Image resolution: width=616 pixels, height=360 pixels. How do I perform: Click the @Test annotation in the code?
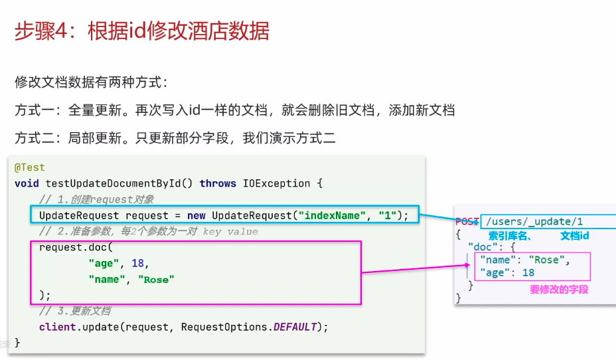click(x=29, y=167)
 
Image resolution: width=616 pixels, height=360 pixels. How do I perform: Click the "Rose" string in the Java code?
click(x=156, y=279)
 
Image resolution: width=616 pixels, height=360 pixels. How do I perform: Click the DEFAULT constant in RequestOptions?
click(x=295, y=327)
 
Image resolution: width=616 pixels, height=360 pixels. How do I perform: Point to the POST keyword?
click(x=467, y=222)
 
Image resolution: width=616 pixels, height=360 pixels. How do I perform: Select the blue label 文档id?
click(x=575, y=236)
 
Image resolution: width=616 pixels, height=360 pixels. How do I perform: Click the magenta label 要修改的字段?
click(x=558, y=290)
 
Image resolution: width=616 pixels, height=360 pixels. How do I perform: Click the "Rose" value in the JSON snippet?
click(x=547, y=260)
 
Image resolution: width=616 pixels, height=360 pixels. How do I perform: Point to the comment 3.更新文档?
click(x=74, y=311)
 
